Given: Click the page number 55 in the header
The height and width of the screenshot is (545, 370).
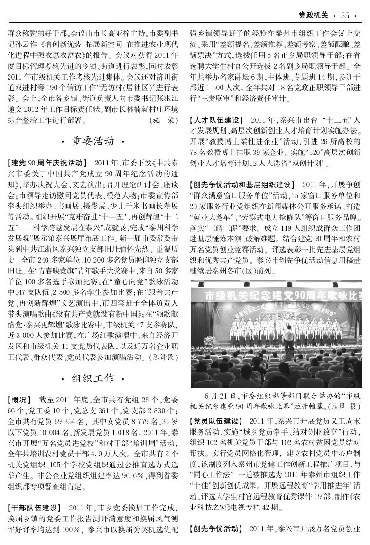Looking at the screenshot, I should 345,16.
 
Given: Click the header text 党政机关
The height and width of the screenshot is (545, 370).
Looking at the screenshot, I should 314,16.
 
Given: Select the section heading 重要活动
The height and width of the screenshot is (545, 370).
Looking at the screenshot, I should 93,141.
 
